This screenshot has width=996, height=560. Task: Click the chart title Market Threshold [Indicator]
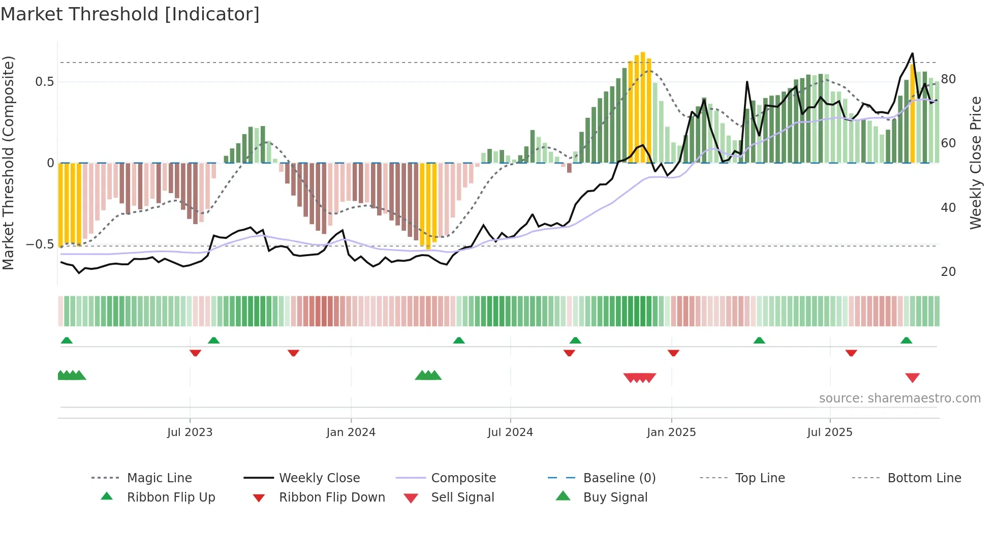point(130,14)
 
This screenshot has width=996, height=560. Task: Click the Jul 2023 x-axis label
point(190,432)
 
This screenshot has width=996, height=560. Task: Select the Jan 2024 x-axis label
point(351,432)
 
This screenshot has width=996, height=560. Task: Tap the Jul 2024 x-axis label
point(510,432)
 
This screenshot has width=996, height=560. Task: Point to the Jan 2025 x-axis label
point(671,432)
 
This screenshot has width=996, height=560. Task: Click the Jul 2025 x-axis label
point(830,432)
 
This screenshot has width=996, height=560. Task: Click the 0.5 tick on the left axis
point(45,82)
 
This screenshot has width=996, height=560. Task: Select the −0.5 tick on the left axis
point(41,244)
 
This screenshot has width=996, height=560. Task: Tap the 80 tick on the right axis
point(948,79)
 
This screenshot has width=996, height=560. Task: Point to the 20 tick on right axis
point(948,272)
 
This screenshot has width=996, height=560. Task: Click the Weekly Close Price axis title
point(976,163)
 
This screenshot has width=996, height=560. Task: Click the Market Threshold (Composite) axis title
point(8,163)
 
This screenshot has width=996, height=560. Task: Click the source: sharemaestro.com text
point(899,398)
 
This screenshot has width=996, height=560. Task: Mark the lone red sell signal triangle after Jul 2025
point(912,378)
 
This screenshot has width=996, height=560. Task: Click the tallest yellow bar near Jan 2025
point(643,107)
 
